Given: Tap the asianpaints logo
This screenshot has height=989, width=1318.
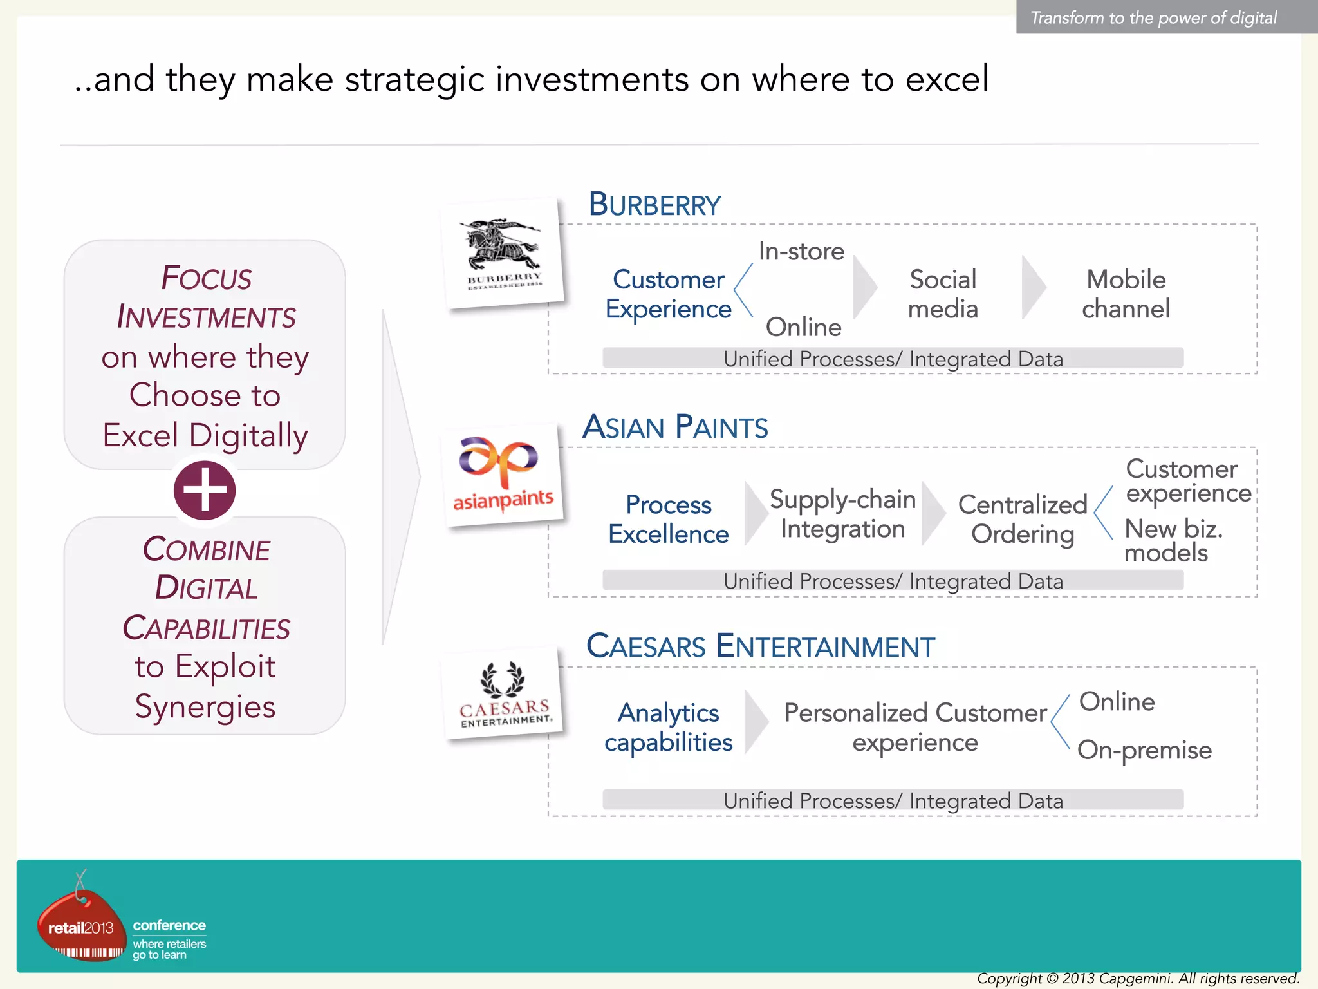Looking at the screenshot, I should pyautogui.click(x=502, y=475).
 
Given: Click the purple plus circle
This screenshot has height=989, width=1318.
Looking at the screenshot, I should pyautogui.click(x=205, y=490).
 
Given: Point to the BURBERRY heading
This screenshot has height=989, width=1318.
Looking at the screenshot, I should pyautogui.click(x=654, y=205).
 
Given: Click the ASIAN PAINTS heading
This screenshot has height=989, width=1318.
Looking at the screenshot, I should pyautogui.click(x=674, y=428).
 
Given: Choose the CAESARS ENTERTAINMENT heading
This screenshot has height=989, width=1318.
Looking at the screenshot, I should pyautogui.click(x=759, y=646).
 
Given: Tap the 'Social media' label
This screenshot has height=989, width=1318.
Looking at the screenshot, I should pyautogui.click(x=943, y=294).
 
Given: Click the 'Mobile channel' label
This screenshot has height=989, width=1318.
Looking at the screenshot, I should pyautogui.click(x=1126, y=294).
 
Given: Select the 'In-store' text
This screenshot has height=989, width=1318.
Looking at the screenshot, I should pyautogui.click(x=801, y=251).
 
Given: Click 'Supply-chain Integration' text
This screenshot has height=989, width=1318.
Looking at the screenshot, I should pyautogui.click(x=842, y=514).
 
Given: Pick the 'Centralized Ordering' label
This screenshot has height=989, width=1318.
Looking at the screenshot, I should pyautogui.click(x=1022, y=519).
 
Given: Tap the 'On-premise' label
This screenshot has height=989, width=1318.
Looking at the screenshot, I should pyautogui.click(x=1144, y=750).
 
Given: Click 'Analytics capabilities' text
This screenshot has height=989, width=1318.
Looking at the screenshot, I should pyautogui.click(x=668, y=728).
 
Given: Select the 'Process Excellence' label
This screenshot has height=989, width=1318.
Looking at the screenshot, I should pyautogui.click(x=668, y=519).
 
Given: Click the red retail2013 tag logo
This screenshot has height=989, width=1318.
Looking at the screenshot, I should pyautogui.click(x=81, y=925).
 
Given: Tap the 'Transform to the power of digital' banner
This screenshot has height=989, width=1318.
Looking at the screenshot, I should pyautogui.click(x=1153, y=17).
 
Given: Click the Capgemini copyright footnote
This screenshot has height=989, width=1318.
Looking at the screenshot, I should pyautogui.click(x=1138, y=979).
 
